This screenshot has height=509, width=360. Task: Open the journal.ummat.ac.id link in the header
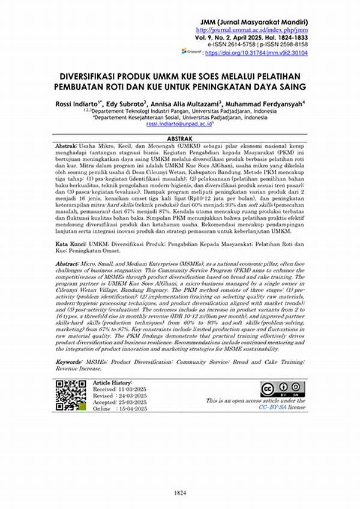click(251, 29)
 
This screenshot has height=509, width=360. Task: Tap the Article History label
click(113, 382)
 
